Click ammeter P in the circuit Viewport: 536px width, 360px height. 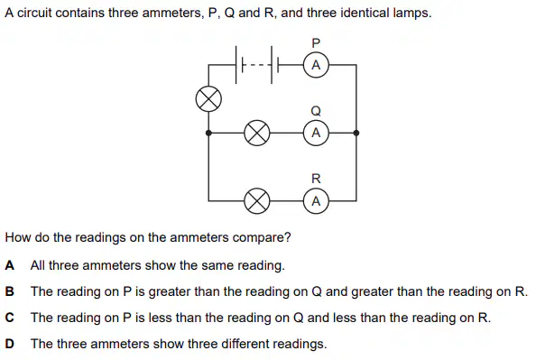pos(316,65)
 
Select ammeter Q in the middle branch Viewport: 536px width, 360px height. pos(316,133)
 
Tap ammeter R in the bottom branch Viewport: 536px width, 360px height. pos(316,200)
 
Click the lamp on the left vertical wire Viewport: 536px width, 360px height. pos(208,99)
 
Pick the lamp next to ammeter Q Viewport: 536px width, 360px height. pos(256,133)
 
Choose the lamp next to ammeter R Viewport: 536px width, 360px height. pos(256,200)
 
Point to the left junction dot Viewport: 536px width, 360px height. pos(208,133)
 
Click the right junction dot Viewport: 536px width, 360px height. pos(356,133)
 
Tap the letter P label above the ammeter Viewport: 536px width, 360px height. pos(316,43)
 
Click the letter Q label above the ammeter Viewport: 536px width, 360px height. pos(316,111)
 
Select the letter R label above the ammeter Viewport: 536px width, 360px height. pos(316,179)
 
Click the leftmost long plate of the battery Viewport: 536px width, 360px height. pos(236,65)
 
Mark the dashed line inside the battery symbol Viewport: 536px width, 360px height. pos(257,64)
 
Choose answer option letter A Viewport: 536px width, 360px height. pos(10,265)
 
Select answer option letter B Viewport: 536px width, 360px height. pos(10,291)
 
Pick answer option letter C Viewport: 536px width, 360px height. pos(10,318)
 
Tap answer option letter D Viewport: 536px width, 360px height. pos(10,344)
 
